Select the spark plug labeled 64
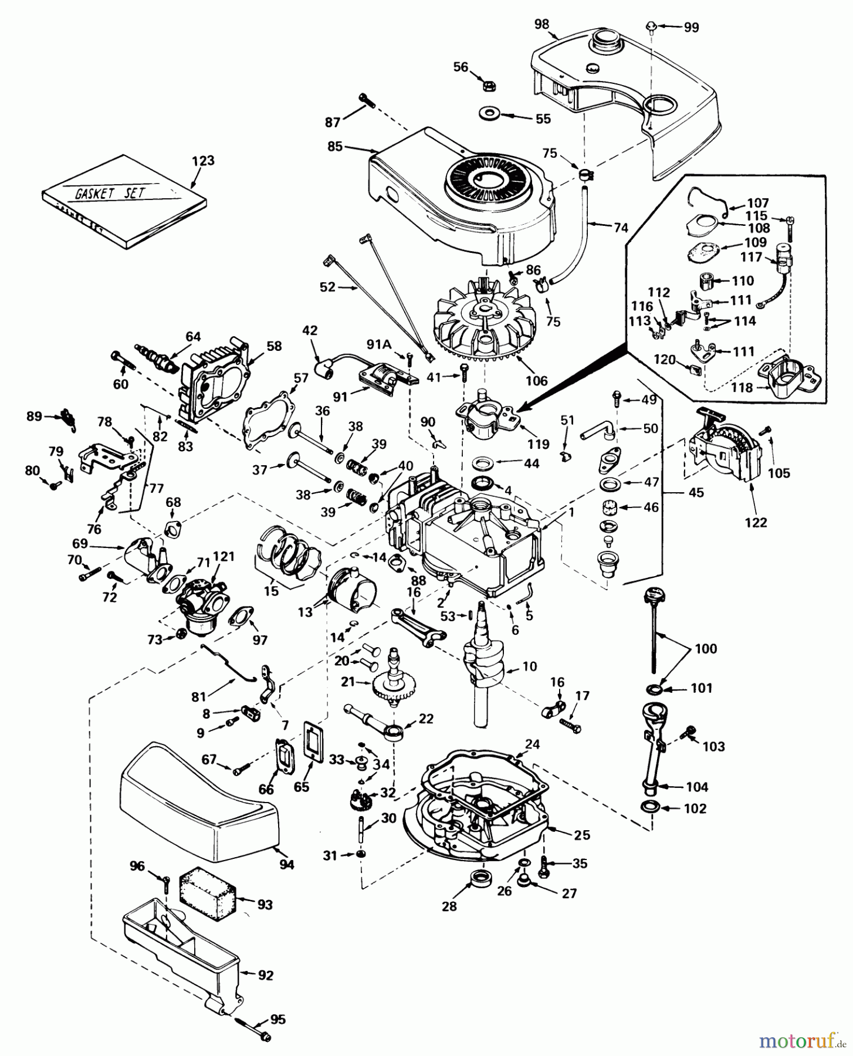click(157, 357)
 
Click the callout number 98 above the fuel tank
click(541, 24)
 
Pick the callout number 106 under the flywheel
click(536, 381)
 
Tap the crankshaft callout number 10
click(529, 666)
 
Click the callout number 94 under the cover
click(287, 864)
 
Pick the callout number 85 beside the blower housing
click(335, 146)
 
